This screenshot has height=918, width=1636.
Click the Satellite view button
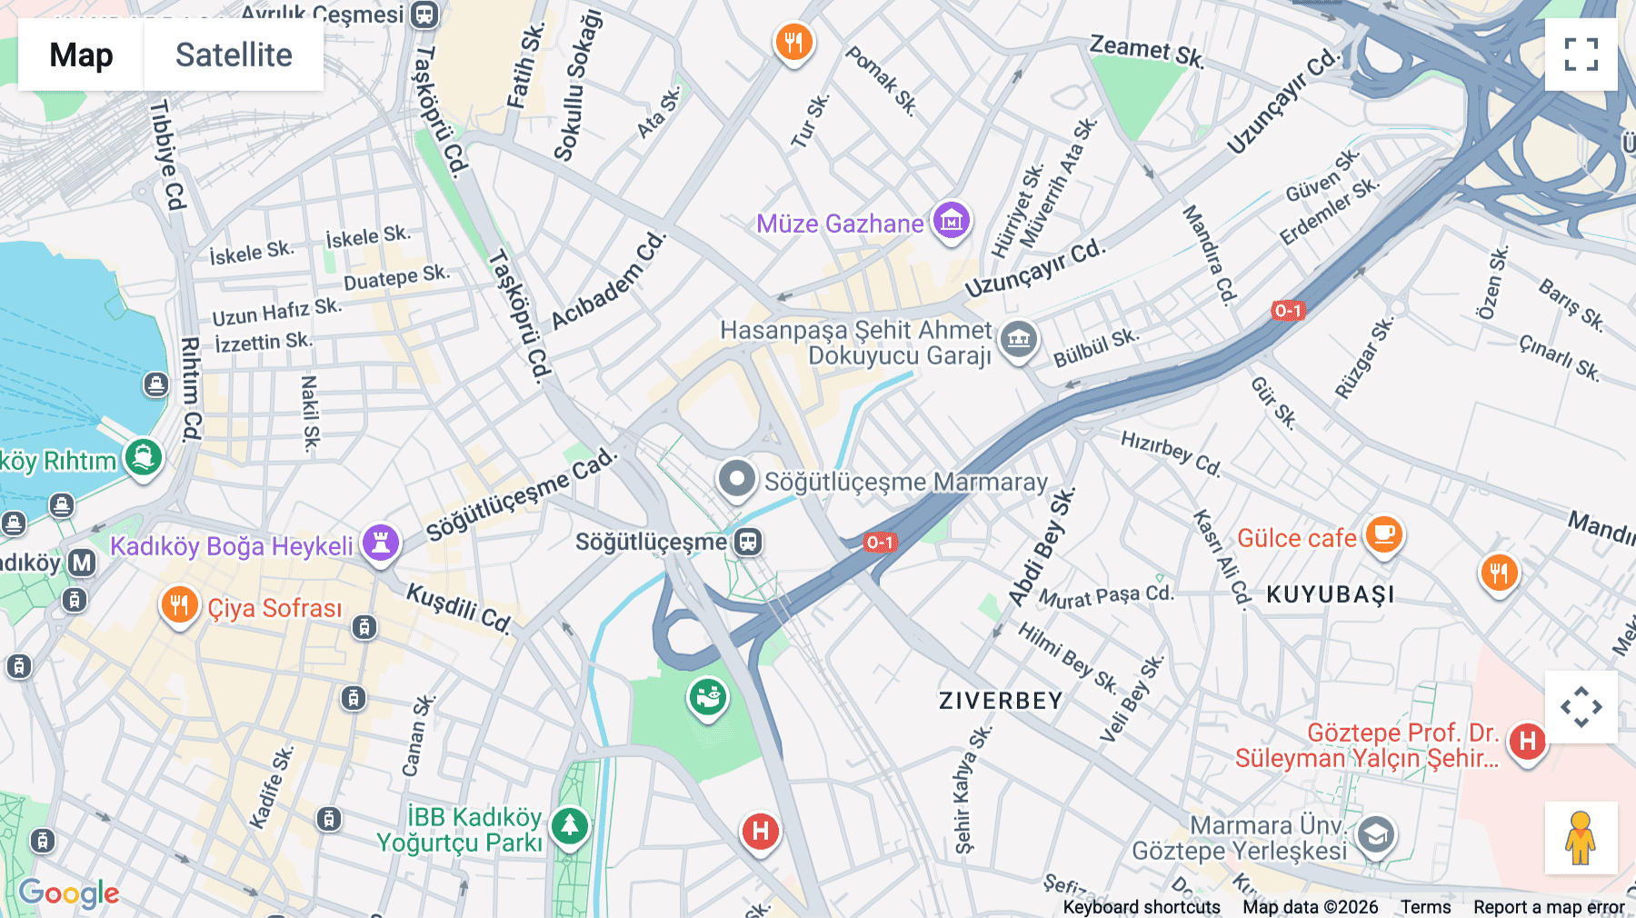pyautogui.click(x=234, y=55)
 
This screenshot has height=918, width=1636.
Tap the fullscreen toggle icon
pyautogui.click(x=1581, y=55)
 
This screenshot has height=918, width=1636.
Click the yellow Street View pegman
pyautogui.click(x=1581, y=837)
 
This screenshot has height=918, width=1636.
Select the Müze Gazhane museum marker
pyautogui.click(x=952, y=220)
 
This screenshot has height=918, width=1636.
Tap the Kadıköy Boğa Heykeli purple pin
pyautogui.click(x=381, y=543)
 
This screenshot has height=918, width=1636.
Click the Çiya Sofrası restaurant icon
pyautogui.click(x=179, y=605)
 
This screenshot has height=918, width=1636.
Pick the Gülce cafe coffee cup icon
pyautogui.click(x=1383, y=534)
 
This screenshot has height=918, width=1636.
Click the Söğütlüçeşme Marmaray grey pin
pyautogui.click(x=736, y=478)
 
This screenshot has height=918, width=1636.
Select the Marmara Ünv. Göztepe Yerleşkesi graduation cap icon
pyautogui.click(x=1375, y=834)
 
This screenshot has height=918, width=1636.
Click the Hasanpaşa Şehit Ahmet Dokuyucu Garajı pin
pyautogui.click(x=1019, y=340)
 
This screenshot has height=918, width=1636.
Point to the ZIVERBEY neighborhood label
pyautogui.click(x=1000, y=701)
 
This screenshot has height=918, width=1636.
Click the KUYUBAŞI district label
pyautogui.click(x=1330, y=594)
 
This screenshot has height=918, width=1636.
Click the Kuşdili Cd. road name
pyautogui.click(x=459, y=608)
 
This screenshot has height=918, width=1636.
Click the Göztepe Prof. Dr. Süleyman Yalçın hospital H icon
pyautogui.click(x=1527, y=742)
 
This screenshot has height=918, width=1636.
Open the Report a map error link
pyautogui.click(x=1548, y=907)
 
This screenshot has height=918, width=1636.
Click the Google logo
pyautogui.click(x=69, y=893)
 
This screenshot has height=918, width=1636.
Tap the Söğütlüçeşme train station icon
pyautogui.click(x=748, y=543)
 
